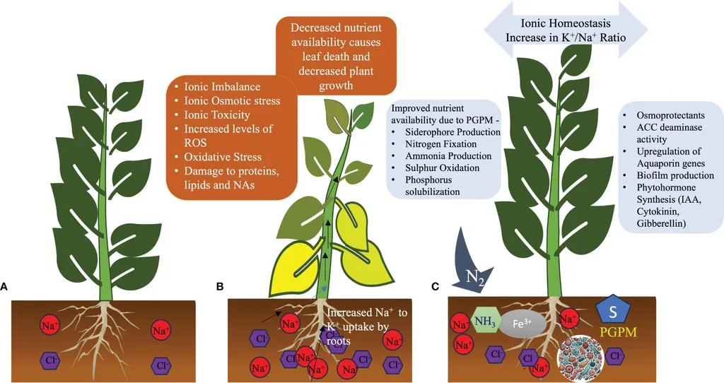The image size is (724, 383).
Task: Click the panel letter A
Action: tap(5, 287)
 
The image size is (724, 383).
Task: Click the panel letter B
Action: tap(220, 287)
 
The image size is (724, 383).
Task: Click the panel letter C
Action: tap(436, 287)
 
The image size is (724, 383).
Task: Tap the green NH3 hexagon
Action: tap(484, 322)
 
